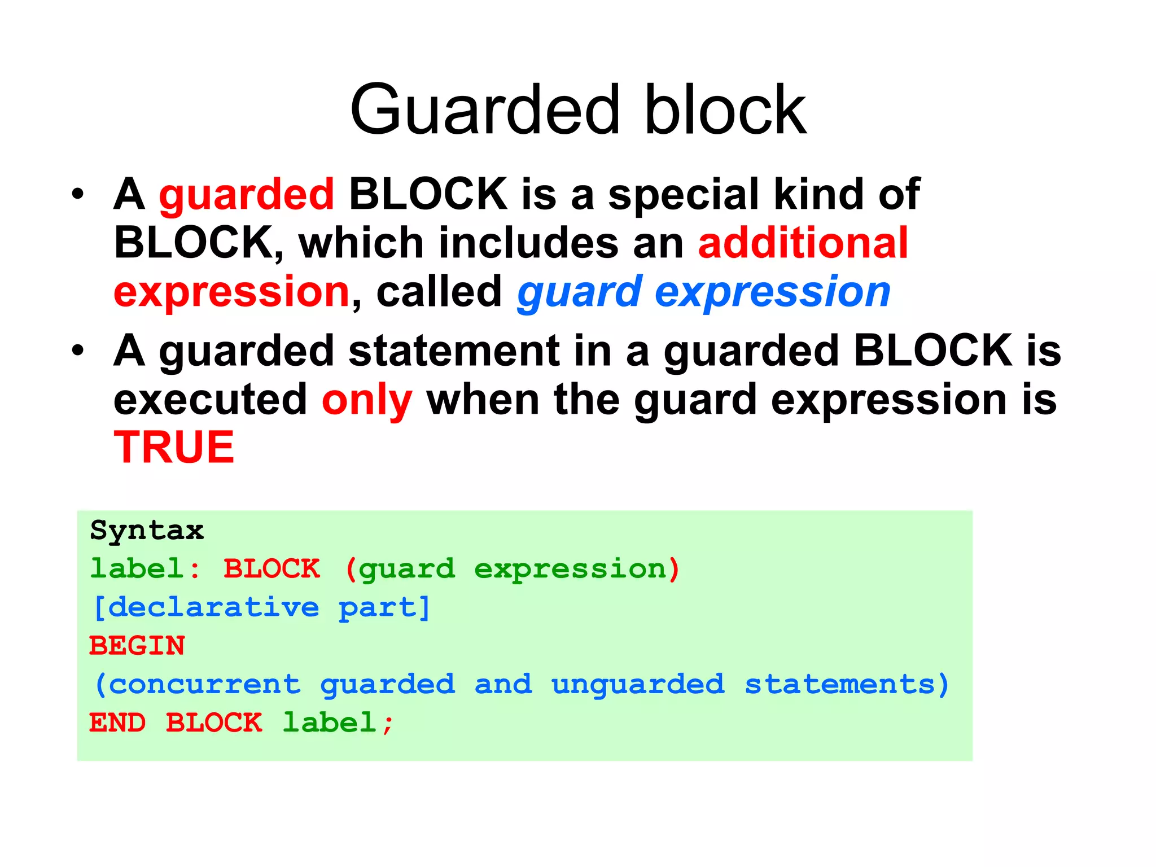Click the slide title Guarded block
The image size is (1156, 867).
[578, 110]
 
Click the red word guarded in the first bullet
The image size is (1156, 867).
[247, 195]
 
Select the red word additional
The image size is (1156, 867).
[803, 243]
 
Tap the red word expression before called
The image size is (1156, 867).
[231, 292]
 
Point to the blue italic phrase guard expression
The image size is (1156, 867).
[703, 292]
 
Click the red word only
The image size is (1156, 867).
[367, 400]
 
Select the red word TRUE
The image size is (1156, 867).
[174, 448]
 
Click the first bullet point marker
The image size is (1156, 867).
[78, 195]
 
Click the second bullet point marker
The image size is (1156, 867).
[78, 351]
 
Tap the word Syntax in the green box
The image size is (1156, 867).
[147, 531]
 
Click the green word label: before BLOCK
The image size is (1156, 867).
[145, 568]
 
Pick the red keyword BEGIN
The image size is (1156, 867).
[137, 646]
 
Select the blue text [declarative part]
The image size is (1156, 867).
[261, 608]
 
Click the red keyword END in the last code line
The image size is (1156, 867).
[117, 723]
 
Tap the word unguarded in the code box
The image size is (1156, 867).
[638, 685]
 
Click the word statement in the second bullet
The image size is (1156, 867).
[454, 351]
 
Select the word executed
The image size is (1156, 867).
[210, 400]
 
